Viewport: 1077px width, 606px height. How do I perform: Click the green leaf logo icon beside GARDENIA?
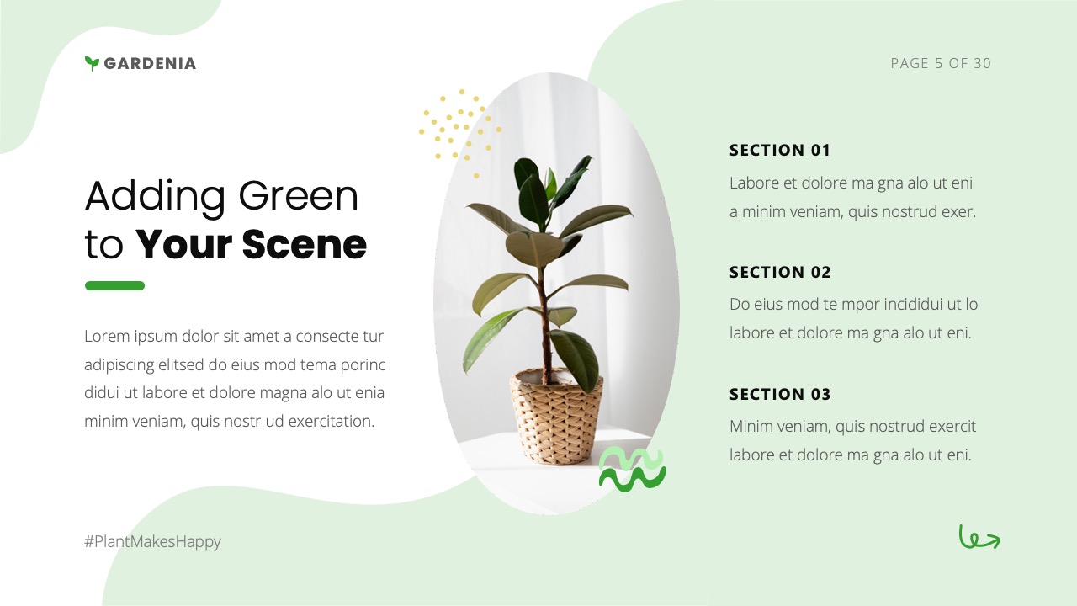[x=92, y=63]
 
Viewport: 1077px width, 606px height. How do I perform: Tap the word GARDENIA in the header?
[x=150, y=63]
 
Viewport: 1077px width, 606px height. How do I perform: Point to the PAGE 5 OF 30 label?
[x=941, y=63]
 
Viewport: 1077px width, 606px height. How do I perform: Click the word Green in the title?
[x=299, y=195]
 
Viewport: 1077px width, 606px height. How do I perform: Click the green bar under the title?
[x=114, y=286]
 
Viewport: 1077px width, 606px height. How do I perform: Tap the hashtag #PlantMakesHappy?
[x=152, y=541]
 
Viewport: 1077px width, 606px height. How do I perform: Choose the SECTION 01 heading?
[x=779, y=151]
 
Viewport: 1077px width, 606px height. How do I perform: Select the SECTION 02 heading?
[x=779, y=272]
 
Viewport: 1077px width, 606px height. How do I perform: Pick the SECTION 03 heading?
[x=779, y=394]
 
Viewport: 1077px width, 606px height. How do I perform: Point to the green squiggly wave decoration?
[x=632, y=470]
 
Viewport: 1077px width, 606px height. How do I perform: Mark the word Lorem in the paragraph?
[x=106, y=337]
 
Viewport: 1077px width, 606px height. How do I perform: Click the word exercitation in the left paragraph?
[x=331, y=421]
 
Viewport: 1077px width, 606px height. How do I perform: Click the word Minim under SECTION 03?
[x=750, y=426]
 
